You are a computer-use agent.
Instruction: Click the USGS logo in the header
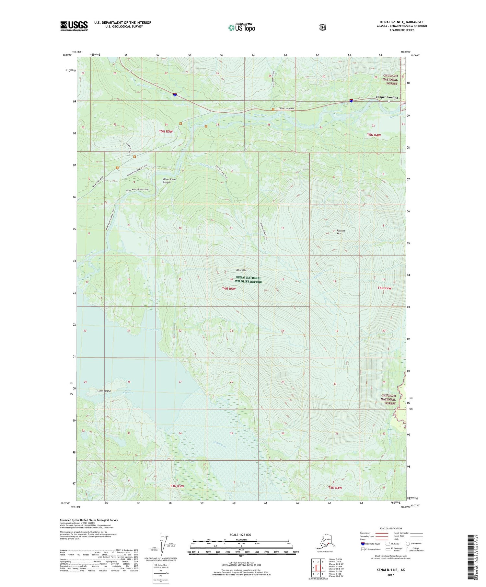click(x=74, y=26)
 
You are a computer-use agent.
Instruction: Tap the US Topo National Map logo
click(x=241, y=28)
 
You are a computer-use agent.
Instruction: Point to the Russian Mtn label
click(x=341, y=232)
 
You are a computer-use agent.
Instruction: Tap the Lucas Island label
click(x=104, y=391)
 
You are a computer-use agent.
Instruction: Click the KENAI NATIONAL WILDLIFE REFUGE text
click(x=249, y=280)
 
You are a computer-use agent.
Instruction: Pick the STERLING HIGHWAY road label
click(x=285, y=109)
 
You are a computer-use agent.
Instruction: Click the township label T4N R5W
click(x=229, y=288)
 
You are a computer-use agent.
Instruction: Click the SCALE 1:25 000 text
click(x=240, y=535)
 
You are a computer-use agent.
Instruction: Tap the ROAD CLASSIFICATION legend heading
click(x=392, y=528)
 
